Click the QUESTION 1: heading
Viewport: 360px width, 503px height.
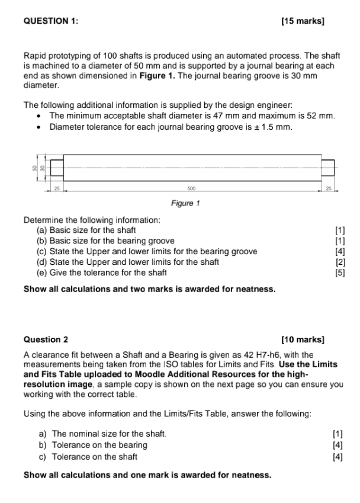point(50,21)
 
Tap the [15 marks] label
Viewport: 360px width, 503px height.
point(304,21)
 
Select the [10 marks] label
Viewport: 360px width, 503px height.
point(304,339)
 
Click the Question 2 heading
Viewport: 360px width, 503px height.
point(46,339)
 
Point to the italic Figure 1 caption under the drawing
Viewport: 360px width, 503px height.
point(185,203)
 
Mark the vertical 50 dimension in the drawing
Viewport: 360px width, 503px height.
point(35,168)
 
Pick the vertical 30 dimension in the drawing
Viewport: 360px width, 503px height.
point(43,168)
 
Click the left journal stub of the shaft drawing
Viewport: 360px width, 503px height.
point(57,168)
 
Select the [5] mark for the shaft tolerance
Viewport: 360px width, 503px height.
point(339,273)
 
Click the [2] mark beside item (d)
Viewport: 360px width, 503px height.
point(339,262)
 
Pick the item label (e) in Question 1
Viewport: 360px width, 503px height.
point(42,273)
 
